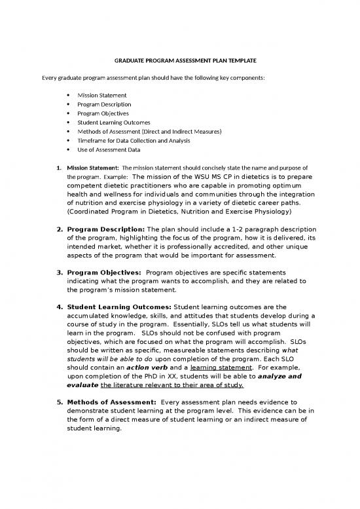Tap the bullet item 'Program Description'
(103, 104)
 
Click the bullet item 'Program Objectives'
(102, 113)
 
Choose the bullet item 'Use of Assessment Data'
(109, 149)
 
